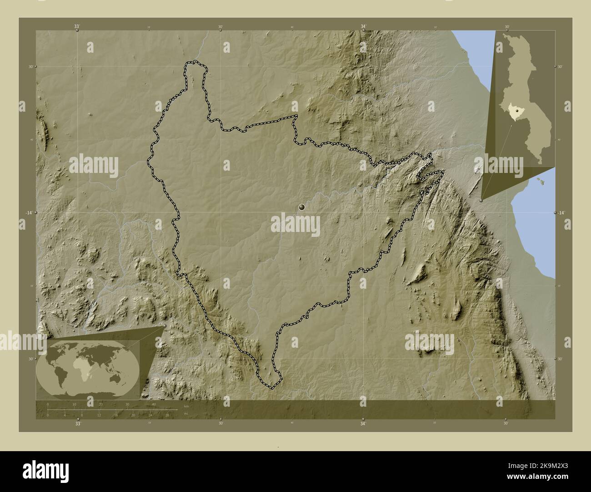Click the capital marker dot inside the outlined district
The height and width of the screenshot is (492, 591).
click(301, 207)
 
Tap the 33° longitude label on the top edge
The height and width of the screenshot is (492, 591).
click(77, 27)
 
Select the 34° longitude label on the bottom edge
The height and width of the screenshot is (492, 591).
click(363, 424)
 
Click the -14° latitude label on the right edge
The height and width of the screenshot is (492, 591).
click(561, 213)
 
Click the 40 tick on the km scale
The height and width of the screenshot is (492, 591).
click(154, 404)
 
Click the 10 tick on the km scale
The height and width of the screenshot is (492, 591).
click(74, 404)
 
